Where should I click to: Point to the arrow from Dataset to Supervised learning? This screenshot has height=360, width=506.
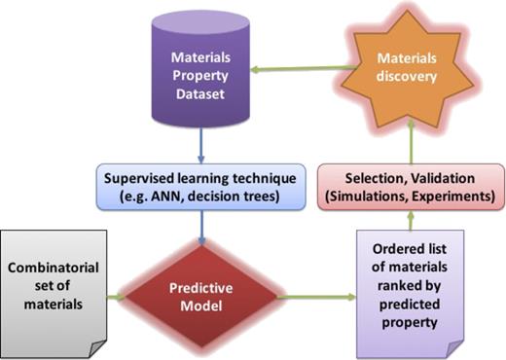(199, 141)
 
